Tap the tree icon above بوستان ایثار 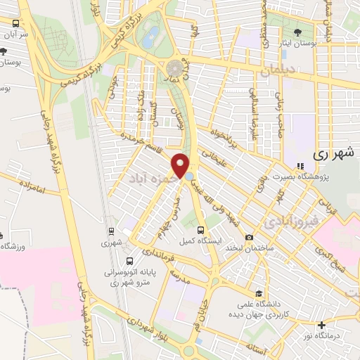coord(297,32)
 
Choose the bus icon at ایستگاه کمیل coord(201,230)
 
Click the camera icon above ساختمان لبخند coord(250,238)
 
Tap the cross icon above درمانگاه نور coord(322,326)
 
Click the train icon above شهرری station coord(110,231)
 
